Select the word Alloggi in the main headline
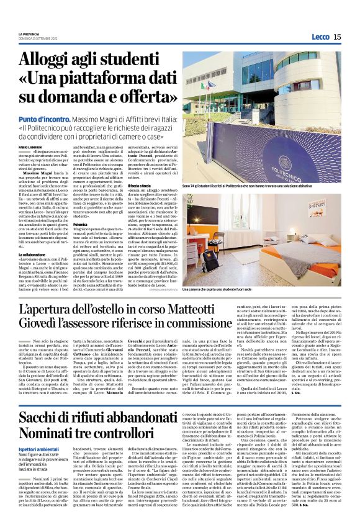47,61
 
